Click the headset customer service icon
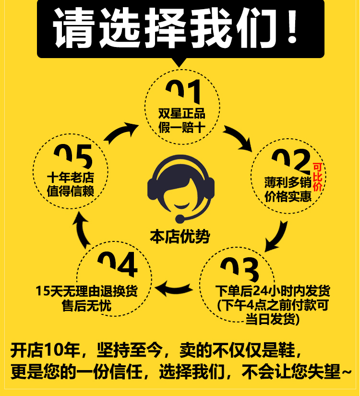coord(180,189)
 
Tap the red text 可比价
coord(317,177)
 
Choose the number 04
coord(117,264)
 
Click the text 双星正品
coord(182,114)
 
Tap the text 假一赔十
coord(182,128)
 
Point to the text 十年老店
coord(70,177)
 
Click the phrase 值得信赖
coord(70,191)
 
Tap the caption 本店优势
coord(180,237)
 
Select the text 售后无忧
coord(86,306)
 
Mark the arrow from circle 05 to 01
coord(120,133)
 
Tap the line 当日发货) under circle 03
coord(273,319)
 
